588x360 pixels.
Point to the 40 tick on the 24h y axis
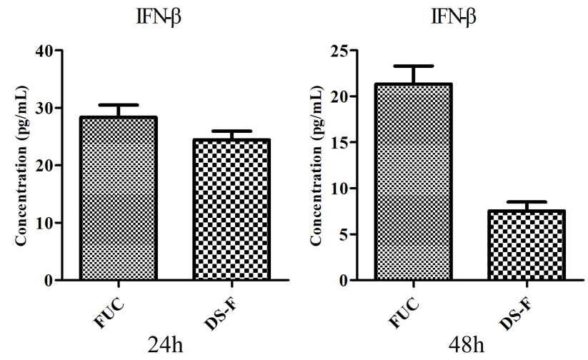(46, 51)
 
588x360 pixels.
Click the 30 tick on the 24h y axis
(46, 108)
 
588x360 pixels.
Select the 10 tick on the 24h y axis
(46, 223)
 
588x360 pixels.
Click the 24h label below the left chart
(166, 346)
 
